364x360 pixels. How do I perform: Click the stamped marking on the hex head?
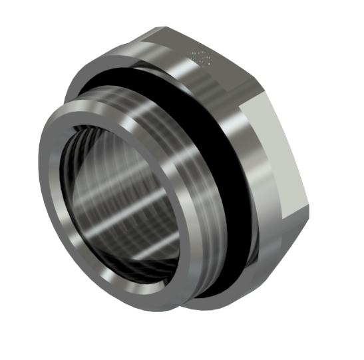pyautogui.click(x=199, y=59)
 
